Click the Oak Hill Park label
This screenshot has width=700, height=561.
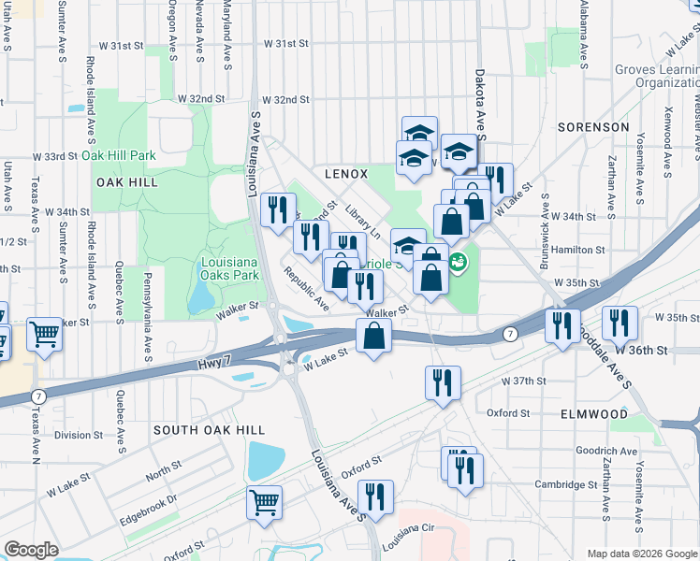coord(118,155)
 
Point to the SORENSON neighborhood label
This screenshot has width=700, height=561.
coord(593,126)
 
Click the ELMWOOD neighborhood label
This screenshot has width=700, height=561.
coord(594,413)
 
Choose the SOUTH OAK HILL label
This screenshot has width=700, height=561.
coord(209,430)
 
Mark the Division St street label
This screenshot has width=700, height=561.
coord(79,435)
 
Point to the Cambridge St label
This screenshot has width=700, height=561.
coord(566,484)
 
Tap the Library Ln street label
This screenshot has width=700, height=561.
coord(363,223)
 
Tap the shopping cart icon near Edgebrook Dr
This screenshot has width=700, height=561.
coord(265,501)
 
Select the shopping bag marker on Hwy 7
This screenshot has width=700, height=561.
coord(373,336)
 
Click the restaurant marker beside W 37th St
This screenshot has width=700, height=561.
coord(443,382)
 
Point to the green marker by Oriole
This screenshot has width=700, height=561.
coord(458,261)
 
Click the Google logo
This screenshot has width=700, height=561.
coord(32,550)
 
